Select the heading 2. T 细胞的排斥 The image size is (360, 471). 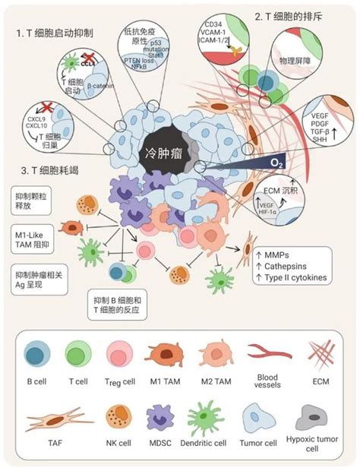(291, 15)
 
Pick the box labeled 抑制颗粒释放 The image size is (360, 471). (33, 200)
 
